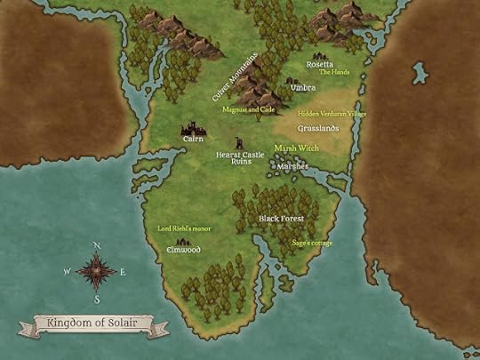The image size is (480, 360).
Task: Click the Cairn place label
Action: click(x=193, y=140)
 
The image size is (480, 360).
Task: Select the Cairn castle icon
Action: click(x=193, y=129)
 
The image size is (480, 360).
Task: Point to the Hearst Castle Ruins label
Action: click(x=240, y=157)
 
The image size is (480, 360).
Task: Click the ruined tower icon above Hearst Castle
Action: click(x=238, y=142)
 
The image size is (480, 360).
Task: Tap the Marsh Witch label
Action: click(x=295, y=148)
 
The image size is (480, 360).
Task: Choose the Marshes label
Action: click(x=292, y=166)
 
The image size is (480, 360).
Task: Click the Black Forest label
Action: click(x=281, y=218)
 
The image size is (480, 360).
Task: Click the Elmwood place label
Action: click(x=183, y=250)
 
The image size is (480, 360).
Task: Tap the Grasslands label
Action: click(x=318, y=129)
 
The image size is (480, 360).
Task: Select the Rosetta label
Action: click(x=320, y=64)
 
